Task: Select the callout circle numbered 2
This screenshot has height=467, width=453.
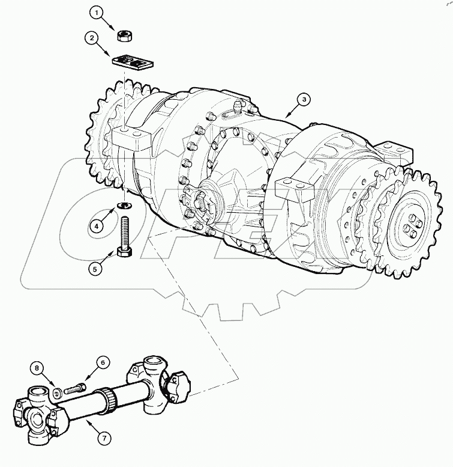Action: [x=91, y=38]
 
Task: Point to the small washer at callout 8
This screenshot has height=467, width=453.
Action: [x=56, y=394]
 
